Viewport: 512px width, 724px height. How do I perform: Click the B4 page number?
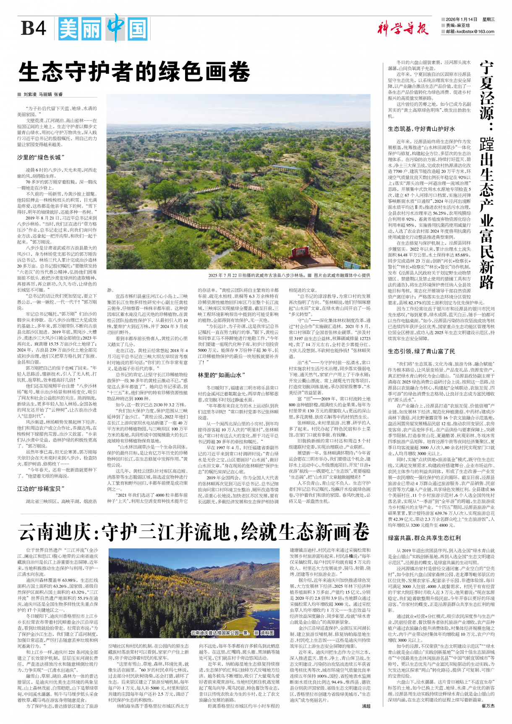[x=34, y=29]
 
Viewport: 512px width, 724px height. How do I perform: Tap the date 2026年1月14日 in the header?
[x=461, y=19]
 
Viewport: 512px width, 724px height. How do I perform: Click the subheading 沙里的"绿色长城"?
[x=41, y=157]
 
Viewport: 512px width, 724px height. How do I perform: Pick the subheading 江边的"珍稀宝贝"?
[x=41, y=489]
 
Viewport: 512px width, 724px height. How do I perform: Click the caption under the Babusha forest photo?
[x=289, y=275]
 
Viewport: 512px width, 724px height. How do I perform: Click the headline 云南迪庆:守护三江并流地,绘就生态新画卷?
[x=193, y=533]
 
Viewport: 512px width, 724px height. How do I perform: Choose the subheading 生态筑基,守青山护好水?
[x=421, y=129]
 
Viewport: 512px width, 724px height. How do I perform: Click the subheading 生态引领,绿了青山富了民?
[x=421, y=351]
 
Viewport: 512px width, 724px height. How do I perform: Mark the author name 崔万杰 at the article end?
[x=488, y=706]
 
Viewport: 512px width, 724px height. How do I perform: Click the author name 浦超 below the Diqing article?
[x=366, y=706]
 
